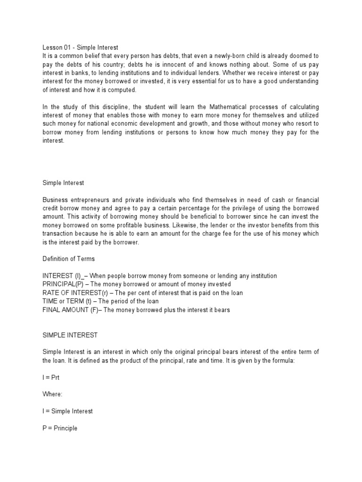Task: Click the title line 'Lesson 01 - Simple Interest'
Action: pyautogui.click(x=80, y=47)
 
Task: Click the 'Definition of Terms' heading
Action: pyautogui.click(x=69, y=258)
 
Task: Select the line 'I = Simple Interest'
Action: pyautogui.click(x=67, y=411)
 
